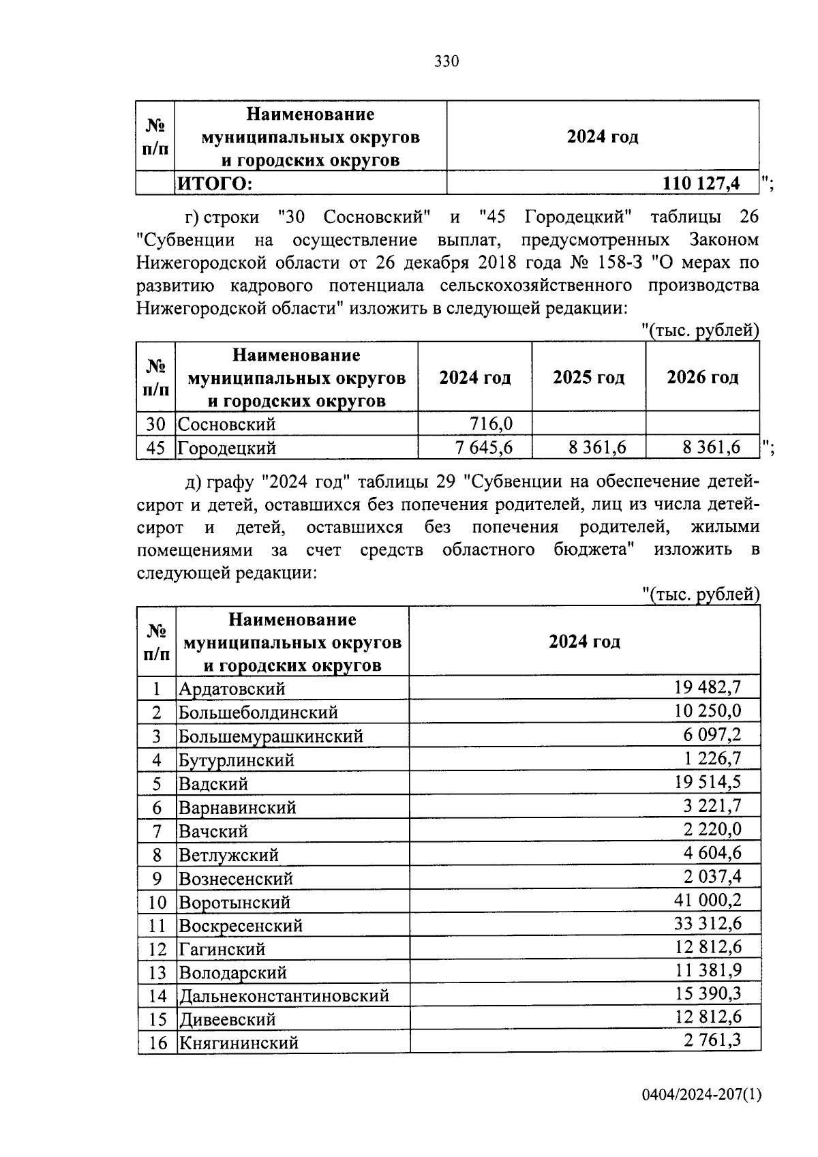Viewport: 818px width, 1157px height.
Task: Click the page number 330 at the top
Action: (446, 62)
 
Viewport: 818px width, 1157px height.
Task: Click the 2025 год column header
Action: (588, 377)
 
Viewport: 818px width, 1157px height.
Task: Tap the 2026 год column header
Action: (702, 377)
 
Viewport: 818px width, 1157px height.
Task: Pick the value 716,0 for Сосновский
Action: (491, 424)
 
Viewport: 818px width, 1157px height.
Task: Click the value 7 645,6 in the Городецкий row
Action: (483, 448)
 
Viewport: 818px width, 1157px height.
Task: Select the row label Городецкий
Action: (227, 448)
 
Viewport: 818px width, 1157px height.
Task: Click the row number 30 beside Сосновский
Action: (155, 424)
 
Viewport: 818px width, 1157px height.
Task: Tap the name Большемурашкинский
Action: (271, 736)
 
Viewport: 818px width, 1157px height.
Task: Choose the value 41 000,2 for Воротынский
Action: (707, 901)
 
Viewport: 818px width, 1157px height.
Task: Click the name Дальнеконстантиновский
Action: (284, 995)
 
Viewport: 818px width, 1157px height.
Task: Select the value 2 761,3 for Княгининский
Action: (711, 1041)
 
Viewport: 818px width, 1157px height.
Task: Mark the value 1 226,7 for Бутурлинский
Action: (711, 758)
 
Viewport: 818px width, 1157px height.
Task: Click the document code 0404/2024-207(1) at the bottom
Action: (701, 1096)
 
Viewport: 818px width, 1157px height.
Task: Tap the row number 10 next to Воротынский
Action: (157, 902)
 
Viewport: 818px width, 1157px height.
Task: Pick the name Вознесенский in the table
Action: (235, 878)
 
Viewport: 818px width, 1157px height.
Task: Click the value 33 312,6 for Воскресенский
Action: (707, 925)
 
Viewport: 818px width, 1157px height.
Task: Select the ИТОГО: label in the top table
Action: (215, 183)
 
